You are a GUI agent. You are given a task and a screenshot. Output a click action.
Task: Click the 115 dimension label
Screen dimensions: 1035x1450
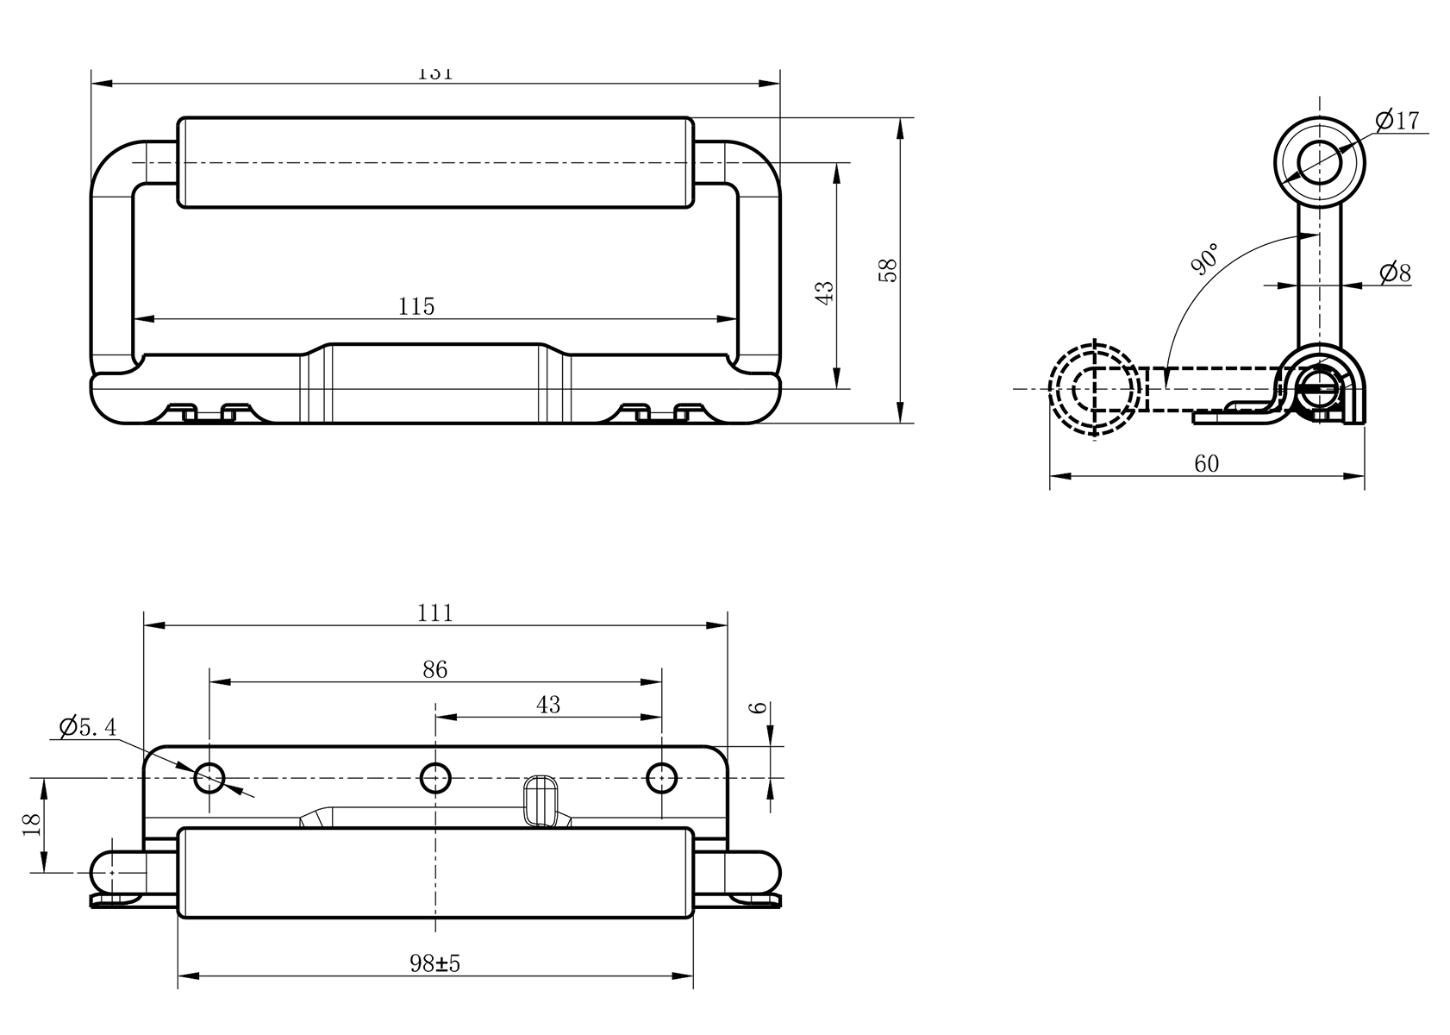416,307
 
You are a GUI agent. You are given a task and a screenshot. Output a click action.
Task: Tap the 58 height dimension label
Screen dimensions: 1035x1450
889,270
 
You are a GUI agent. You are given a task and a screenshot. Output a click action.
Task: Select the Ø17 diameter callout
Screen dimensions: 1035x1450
1397,121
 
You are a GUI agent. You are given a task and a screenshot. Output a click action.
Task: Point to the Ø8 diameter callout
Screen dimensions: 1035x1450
1395,274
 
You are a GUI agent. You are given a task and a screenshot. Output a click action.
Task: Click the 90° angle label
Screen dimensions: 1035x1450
1205,259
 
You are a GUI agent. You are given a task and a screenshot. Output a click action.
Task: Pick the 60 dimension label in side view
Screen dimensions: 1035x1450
1207,464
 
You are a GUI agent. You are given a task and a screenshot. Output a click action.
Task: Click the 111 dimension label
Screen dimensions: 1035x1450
435,613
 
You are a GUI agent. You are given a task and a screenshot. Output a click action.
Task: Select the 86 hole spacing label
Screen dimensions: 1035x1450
435,670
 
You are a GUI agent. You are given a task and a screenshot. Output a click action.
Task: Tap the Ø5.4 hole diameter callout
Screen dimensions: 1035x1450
87,727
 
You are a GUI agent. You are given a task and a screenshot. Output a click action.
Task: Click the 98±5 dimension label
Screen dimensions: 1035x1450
435,964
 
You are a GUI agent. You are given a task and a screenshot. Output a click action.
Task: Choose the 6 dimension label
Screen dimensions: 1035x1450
759,708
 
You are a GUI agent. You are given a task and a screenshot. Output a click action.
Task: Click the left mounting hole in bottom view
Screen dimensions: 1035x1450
209,779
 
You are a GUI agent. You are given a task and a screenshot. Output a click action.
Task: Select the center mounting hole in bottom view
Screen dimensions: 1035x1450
435,779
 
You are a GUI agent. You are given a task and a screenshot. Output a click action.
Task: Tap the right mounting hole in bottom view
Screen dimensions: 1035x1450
661,779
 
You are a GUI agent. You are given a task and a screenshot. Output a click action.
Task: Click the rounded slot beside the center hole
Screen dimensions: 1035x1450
541,800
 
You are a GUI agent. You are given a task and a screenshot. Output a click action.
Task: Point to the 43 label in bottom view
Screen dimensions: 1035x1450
548,706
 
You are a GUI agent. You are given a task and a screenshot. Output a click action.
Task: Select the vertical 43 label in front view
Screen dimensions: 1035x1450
825,292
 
